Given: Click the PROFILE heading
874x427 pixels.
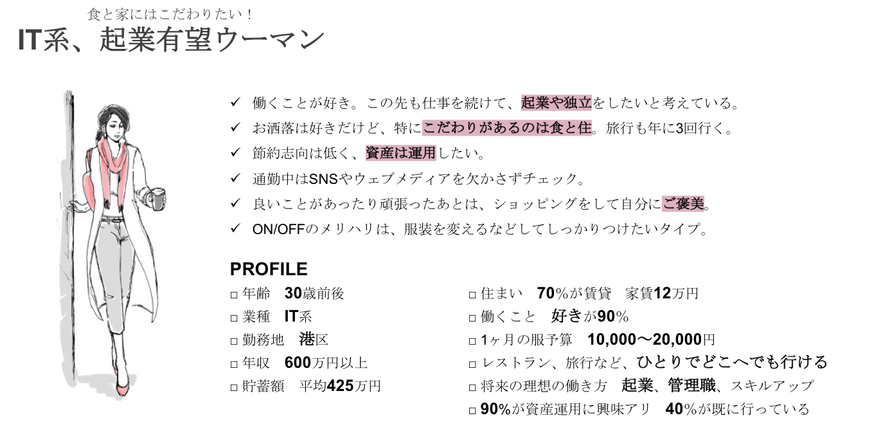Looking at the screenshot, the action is click(269, 269).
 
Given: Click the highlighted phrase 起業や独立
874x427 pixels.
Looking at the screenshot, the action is click(557, 103).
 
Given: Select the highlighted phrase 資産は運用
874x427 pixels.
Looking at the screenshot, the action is click(401, 153).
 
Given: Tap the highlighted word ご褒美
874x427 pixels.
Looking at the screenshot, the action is click(683, 203).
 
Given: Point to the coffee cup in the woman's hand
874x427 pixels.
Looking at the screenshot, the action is click(157, 199).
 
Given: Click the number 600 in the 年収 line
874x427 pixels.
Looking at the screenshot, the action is click(298, 363).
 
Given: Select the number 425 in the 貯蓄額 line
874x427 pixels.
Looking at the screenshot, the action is click(340, 386).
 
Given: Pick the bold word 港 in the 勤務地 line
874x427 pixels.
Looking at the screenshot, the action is click(307, 339).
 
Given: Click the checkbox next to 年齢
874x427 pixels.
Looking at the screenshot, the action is click(234, 295).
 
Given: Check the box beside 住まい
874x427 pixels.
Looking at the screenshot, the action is click(472, 295).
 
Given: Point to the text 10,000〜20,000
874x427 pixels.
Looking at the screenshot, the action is click(645, 340).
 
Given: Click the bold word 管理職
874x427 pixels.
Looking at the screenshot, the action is click(691, 386).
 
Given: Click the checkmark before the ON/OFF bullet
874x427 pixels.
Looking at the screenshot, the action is click(235, 228).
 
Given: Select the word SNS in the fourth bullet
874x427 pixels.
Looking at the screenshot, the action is click(323, 179).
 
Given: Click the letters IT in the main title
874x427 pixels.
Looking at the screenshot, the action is click(30, 40).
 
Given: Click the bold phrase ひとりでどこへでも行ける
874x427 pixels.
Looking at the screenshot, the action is click(732, 362).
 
